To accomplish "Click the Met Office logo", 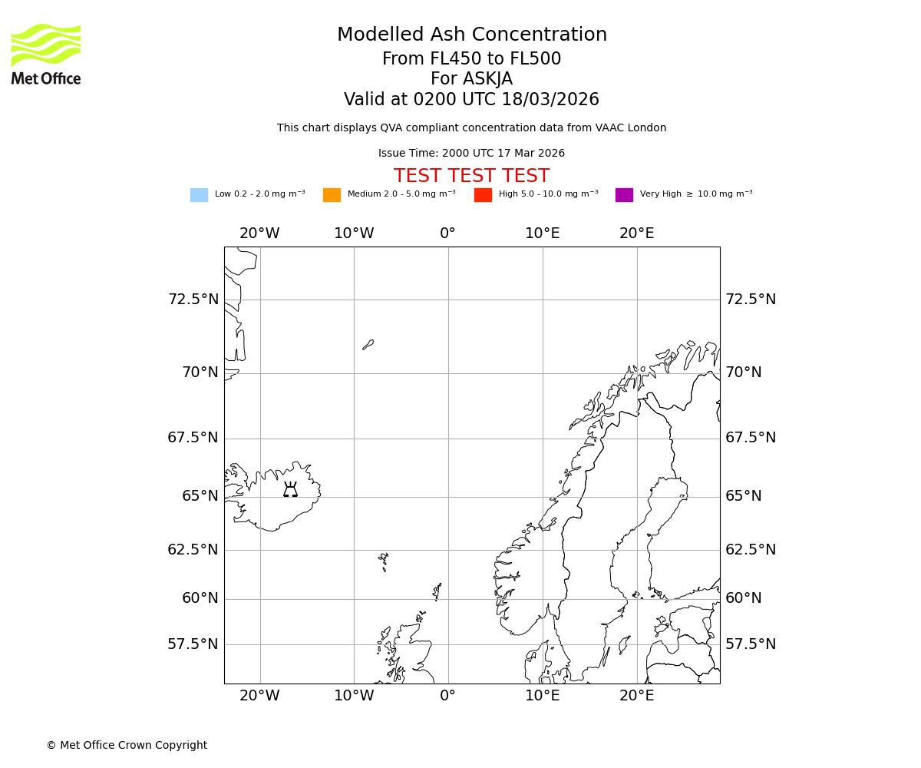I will click(x=46, y=54).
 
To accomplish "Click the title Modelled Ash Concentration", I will click(x=472, y=35).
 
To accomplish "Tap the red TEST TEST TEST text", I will click(x=471, y=177).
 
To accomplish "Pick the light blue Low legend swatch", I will click(x=199, y=195).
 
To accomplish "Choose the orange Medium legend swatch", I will click(x=332, y=195).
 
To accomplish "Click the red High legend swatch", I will click(x=483, y=195).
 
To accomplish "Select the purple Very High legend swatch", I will click(x=624, y=195).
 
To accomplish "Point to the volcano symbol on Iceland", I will click(x=290, y=490).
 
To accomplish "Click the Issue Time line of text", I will click(x=471, y=154).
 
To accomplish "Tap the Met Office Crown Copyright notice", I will click(x=127, y=746).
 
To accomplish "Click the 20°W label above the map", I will click(x=259, y=233).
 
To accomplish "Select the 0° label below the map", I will click(x=448, y=696).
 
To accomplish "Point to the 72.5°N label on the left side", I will click(x=193, y=300).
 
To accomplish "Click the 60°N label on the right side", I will click(x=744, y=598).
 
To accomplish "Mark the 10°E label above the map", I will click(x=543, y=233).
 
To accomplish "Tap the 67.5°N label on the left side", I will click(x=193, y=438).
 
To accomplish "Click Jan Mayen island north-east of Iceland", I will click(x=368, y=345).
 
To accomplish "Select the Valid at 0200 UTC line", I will click(x=471, y=100).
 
